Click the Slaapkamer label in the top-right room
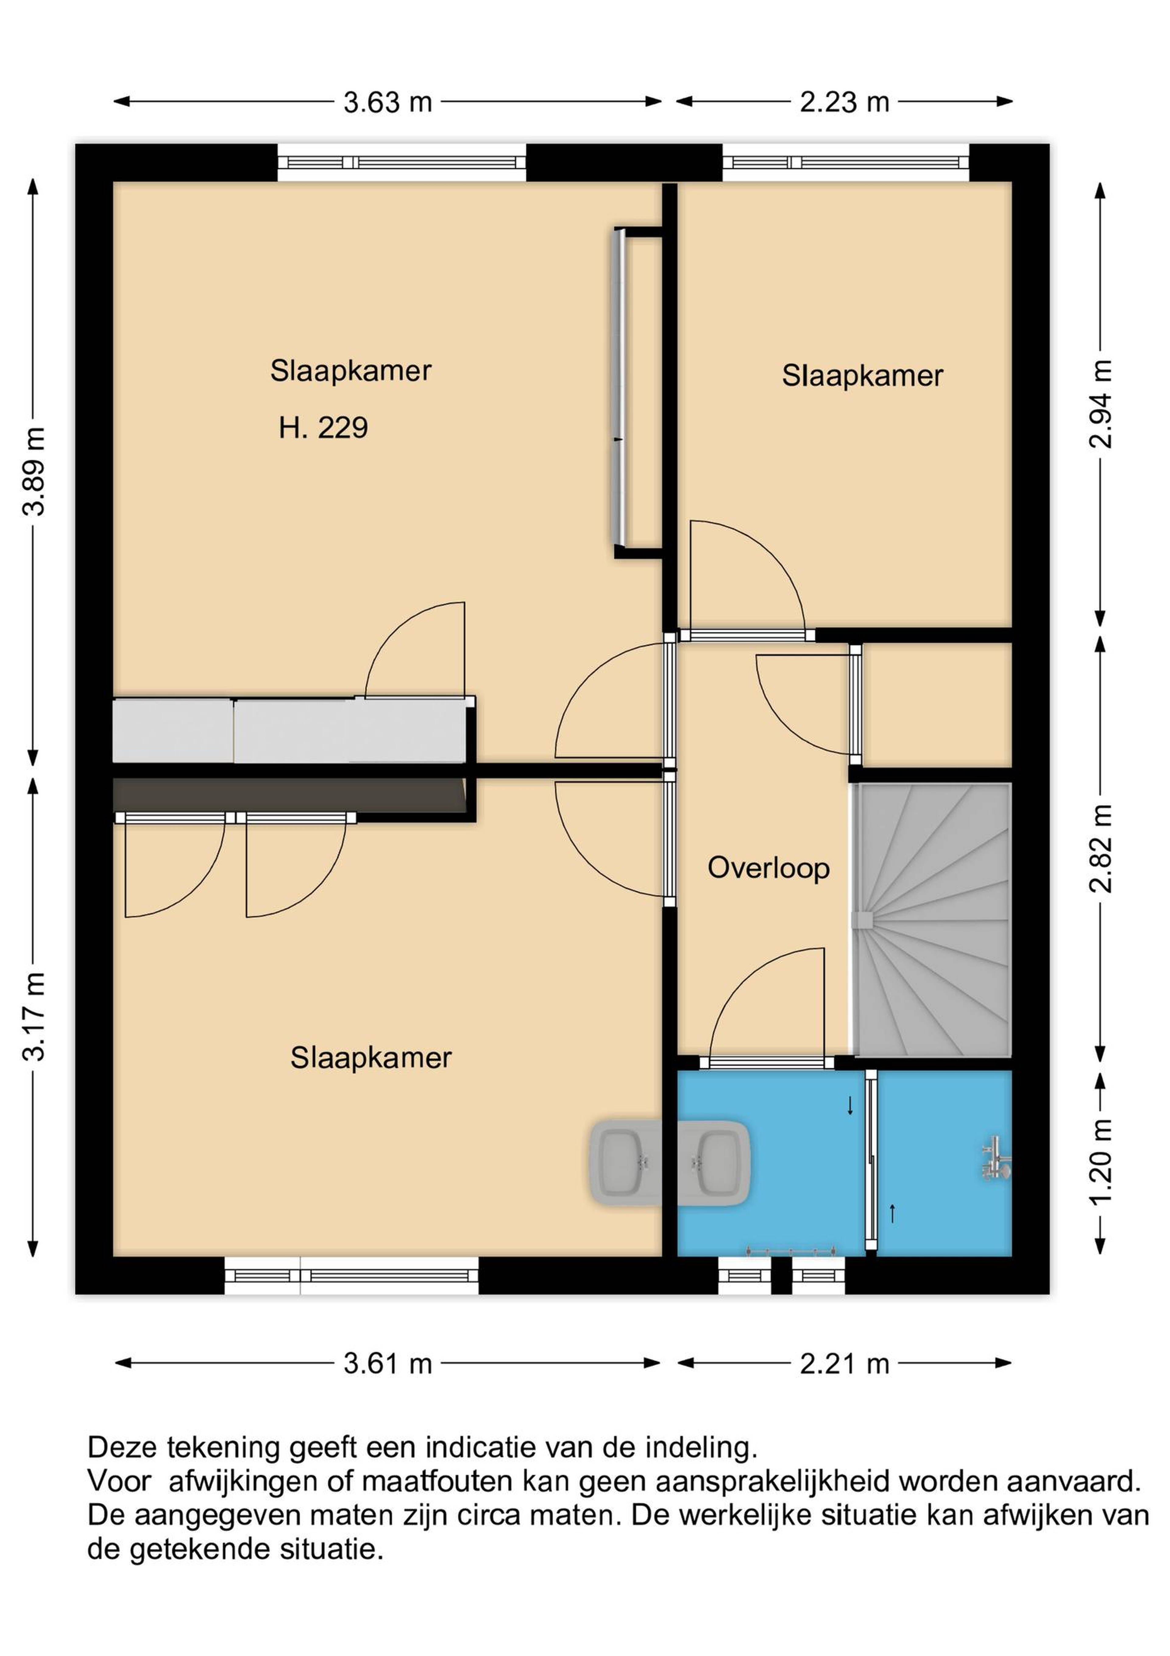pyautogui.click(x=862, y=377)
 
